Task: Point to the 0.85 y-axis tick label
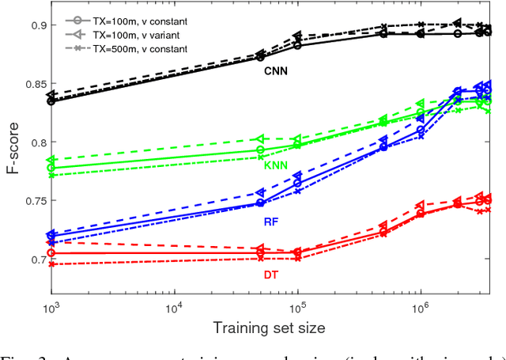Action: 32,84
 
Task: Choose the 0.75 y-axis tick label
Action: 32,201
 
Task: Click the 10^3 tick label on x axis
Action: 52,306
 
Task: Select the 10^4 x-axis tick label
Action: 175,306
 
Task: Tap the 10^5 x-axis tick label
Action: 297,306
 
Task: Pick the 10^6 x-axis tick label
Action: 420,306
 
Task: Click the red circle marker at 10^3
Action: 52,253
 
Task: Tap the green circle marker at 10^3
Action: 52,168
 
